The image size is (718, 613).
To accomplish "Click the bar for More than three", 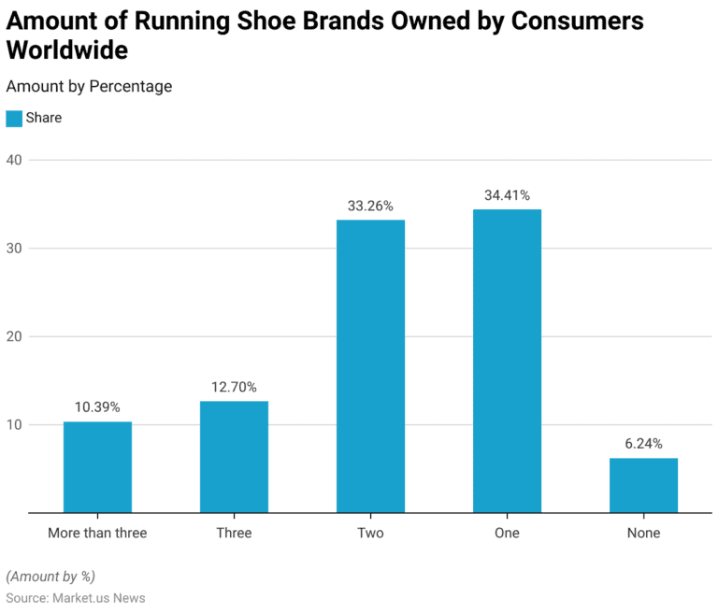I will [97, 467].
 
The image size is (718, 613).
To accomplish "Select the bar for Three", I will [234, 457].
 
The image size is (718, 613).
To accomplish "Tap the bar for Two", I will [370, 366].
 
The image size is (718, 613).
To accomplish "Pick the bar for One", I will [507, 361].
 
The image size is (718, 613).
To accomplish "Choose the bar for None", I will [643, 485].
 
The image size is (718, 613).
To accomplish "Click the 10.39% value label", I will [97, 407].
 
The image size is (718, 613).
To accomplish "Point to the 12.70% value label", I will [234, 387].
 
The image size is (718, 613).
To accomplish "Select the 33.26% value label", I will [370, 206].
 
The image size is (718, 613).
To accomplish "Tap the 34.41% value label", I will [507, 195].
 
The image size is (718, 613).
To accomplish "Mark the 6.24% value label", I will [643, 444].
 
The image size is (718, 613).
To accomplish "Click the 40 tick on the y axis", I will [14, 160].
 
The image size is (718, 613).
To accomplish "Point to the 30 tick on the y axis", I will [14, 249].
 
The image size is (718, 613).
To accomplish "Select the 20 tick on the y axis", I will [14, 336].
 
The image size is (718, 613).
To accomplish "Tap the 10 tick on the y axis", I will [14, 425].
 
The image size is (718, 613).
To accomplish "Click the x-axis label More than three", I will [97, 534].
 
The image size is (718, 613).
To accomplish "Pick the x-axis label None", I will [643, 534].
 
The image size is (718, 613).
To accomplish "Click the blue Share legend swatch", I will [14, 119].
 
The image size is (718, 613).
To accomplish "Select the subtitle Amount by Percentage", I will [89, 86].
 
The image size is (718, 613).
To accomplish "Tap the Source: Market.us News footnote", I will [76, 597].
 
